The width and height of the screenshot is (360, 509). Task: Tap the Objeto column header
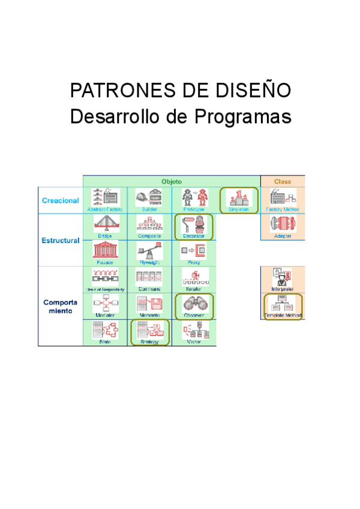point(172,181)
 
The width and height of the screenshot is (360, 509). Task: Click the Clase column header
point(282,181)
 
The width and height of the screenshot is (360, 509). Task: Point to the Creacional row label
point(60,200)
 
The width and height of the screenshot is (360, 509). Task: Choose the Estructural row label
point(60,241)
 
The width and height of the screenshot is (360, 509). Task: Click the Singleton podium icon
point(238,197)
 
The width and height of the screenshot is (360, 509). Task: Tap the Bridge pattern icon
point(105,224)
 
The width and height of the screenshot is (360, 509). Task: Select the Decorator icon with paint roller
point(193,224)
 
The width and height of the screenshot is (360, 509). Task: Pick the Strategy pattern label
point(149,342)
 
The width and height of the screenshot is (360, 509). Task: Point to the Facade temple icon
point(105,249)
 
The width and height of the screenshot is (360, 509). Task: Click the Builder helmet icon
point(149,197)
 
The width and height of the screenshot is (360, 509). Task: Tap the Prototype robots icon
point(193,197)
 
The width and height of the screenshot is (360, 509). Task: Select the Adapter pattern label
point(283,236)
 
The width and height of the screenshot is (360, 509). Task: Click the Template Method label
point(283,315)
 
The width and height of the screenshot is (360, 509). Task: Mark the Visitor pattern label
point(193,342)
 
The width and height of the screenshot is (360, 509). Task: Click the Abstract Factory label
point(105,209)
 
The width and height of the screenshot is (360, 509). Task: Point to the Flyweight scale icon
point(149,249)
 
